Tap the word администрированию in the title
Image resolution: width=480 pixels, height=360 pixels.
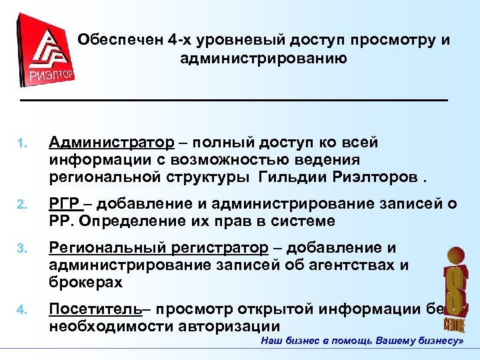tap(263, 59)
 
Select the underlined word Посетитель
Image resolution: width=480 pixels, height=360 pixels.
tap(95, 309)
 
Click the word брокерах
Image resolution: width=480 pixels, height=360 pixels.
tap(85, 282)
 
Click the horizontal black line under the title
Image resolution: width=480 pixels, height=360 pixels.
tap(233, 100)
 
